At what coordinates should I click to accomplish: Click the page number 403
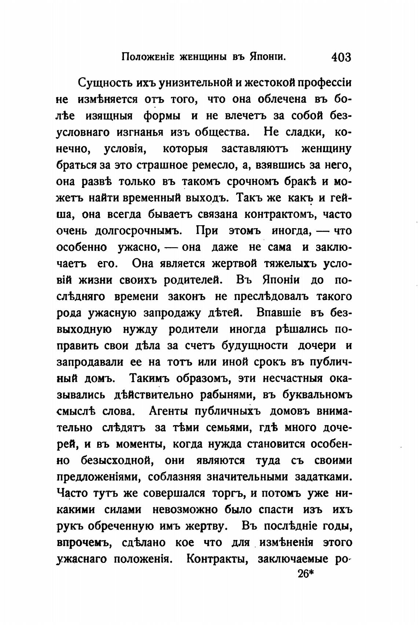[341, 57]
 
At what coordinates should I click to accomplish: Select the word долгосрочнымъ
[139, 231]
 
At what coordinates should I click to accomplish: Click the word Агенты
[168, 411]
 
